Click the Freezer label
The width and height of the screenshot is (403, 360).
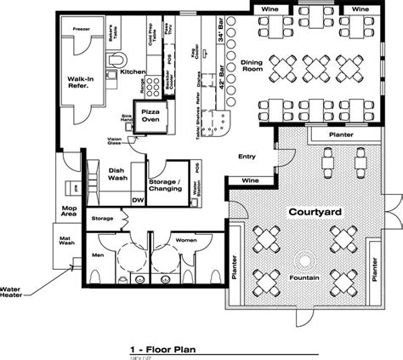point(82,29)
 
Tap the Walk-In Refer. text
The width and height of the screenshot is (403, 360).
point(81,83)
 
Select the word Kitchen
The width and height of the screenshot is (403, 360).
point(132,72)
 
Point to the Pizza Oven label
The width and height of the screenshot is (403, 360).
point(151,117)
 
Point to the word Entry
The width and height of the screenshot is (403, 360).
point(247,156)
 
